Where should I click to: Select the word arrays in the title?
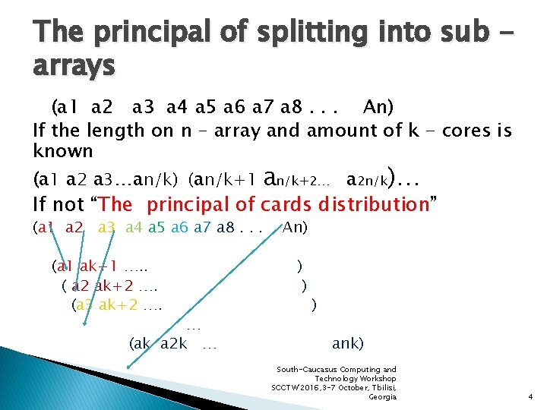(74, 66)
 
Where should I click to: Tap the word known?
(63, 150)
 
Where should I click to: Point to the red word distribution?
(375, 204)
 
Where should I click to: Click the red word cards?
(288, 204)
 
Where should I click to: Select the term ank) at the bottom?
(348, 343)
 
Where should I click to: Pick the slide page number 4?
(530, 396)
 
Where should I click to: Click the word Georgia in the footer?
(381, 396)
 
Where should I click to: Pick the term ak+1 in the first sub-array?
(98, 266)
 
